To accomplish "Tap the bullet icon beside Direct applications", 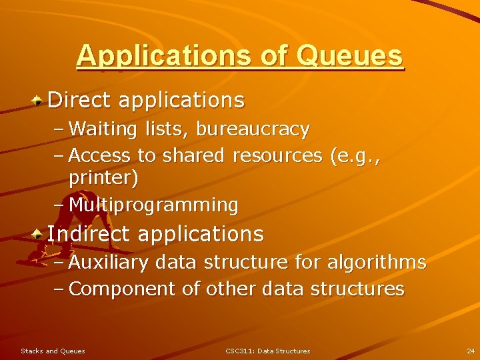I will [x=39, y=101].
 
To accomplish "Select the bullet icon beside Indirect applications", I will [x=39, y=234].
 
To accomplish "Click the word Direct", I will [x=80, y=100].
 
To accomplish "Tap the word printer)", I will [x=103, y=179].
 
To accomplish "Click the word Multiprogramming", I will [x=153, y=205].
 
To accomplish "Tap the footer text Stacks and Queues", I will [x=53, y=351].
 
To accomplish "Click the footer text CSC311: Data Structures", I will [x=267, y=351].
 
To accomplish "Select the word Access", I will [x=100, y=155].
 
